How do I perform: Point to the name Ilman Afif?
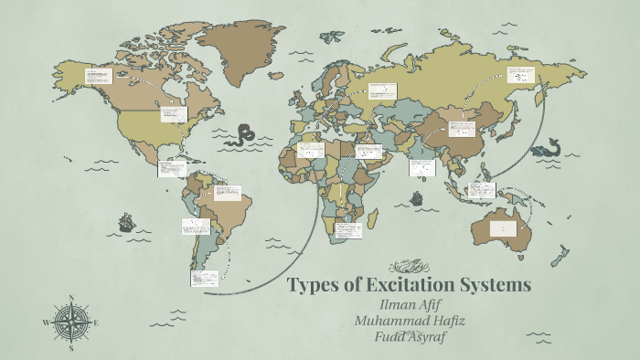[409, 304]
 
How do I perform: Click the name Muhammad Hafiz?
[409, 320]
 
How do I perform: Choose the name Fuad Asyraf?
[409, 336]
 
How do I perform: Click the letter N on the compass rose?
[71, 298]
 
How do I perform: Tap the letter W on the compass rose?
[47, 323]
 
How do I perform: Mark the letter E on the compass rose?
[95, 323]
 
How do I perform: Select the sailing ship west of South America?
[126, 222]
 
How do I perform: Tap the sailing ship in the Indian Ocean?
[417, 198]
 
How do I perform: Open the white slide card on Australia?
[502, 228]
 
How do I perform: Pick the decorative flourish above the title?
[409, 266]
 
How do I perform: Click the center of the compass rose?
[71, 323]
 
